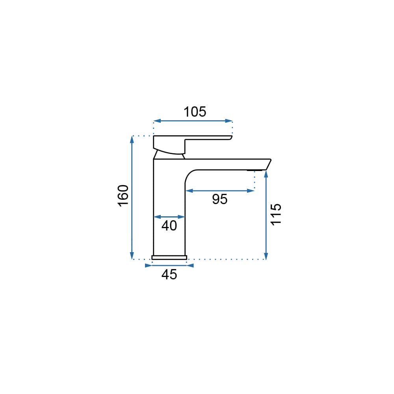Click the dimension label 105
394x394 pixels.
(195, 112)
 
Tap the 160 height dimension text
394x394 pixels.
(123, 196)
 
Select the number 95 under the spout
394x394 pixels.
(219, 199)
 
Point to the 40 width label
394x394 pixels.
(169, 226)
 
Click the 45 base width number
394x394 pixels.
(169, 274)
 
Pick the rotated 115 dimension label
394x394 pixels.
(276, 214)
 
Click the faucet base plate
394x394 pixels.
(169, 257)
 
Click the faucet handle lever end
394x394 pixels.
(230, 138)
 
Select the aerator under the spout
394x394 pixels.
(255, 170)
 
